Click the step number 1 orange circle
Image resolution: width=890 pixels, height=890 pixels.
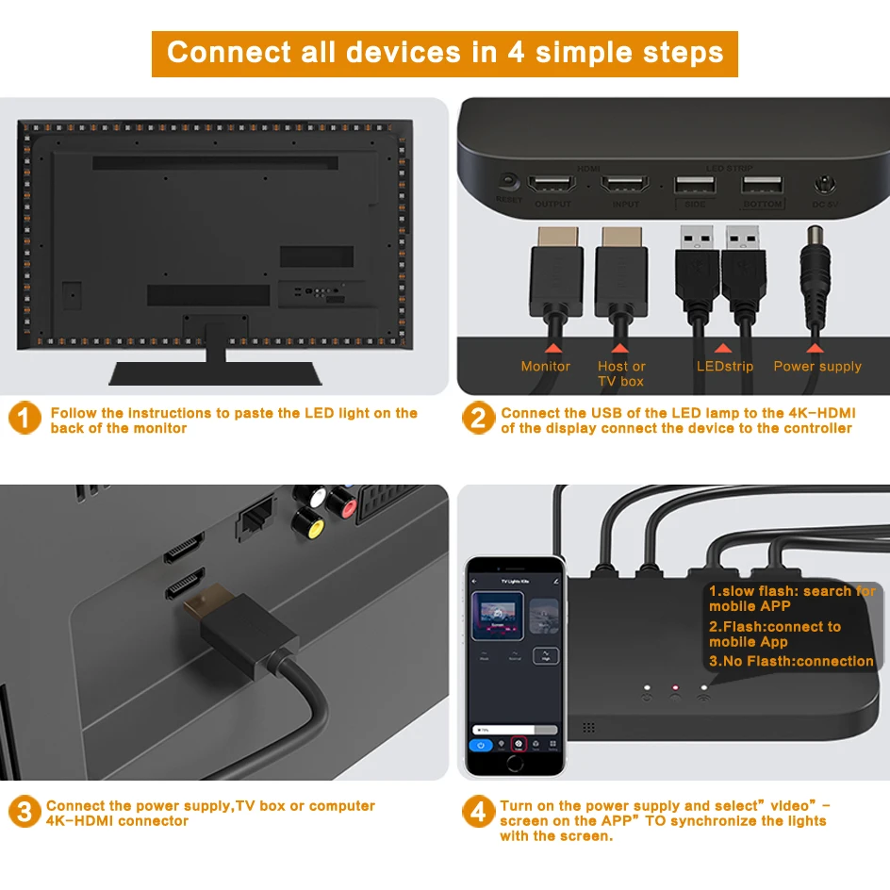25,419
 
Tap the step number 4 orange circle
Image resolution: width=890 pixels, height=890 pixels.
478,812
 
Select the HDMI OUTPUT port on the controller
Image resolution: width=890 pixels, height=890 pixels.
552,184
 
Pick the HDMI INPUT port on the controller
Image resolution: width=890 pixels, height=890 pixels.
625,184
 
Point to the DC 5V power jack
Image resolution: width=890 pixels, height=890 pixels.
826,184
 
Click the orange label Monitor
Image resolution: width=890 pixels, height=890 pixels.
546,366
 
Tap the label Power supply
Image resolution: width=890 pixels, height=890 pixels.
817,366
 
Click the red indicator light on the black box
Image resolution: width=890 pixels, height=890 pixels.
674,689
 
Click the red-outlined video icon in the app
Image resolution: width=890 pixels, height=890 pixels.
517,744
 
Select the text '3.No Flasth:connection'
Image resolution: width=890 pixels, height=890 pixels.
791,661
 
